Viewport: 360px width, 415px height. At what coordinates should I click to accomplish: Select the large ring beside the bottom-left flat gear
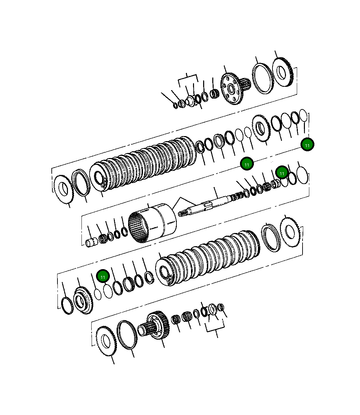pos(127,335)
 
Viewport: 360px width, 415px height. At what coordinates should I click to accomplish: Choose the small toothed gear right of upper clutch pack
pos(261,128)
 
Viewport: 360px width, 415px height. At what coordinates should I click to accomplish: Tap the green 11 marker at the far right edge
pos(307,145)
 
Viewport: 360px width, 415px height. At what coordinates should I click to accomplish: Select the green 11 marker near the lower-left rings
pos(103,276)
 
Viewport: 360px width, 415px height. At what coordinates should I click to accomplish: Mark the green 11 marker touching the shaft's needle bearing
pos(282,172)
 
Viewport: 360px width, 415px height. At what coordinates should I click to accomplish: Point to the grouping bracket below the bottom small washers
pos(215,328)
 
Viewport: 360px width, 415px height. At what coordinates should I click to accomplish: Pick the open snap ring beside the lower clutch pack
pos(149,277)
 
